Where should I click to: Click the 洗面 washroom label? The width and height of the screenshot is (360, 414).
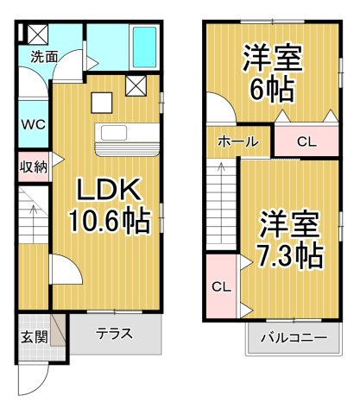click(44, 57)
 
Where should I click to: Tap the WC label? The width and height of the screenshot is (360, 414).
click(34, 124)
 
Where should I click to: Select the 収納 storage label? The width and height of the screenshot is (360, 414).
click(33, 167)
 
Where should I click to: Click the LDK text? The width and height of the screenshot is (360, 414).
click(110, 189)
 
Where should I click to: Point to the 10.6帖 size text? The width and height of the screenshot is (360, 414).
click(110, 221)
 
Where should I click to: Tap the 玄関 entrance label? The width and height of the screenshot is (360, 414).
click(35, 336)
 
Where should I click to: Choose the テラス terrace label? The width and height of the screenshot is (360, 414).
click(114, 334)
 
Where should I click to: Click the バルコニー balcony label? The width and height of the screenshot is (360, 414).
click(294, 337)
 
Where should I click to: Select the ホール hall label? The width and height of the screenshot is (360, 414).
click(237, 141)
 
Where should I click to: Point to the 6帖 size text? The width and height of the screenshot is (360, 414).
click(272, 88)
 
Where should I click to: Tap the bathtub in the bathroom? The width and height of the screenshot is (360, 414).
click(144, 47)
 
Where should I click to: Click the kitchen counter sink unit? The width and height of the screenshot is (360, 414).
click(128, 140)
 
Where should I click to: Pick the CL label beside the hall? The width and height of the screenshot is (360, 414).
click(306, 141)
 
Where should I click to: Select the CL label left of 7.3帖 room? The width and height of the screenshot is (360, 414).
click(221, 286)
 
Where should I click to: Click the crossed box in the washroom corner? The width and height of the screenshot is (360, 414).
click(38, 34)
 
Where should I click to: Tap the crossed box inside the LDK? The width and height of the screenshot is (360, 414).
click(136, 85)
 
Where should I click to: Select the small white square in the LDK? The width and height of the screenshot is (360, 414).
click(102, 103)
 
